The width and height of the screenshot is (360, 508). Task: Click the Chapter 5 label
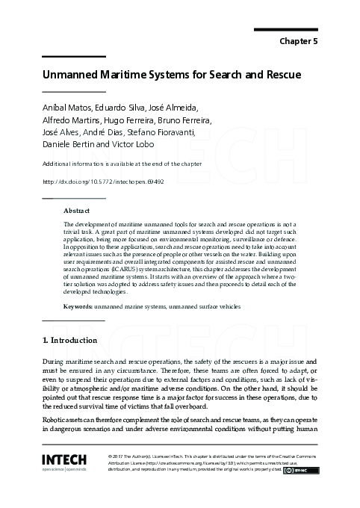click(300, 42)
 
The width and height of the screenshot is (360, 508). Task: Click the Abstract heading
click(77, 211)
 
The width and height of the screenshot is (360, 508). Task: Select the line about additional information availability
click(112, 164)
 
